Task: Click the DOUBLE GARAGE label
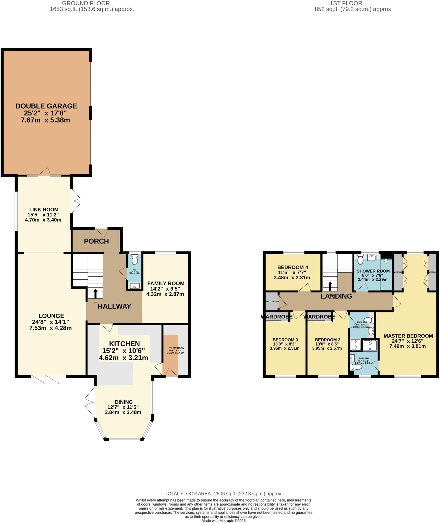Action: (46, 106)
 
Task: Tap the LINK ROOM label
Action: (44, 210)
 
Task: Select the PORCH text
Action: (96, 241)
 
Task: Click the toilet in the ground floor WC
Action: (135, 260)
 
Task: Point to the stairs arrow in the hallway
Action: (95, 293)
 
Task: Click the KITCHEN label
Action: (124, 344)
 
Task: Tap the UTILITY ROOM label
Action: (176, 348)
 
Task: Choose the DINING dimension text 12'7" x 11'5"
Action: (123, 407)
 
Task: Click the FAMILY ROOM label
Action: (166, 283)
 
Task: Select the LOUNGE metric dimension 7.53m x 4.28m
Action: (51, 328)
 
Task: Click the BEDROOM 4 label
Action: (292, 267)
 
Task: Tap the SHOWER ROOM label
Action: (373, 271)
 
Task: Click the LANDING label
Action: (336, 296)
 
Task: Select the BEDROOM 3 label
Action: (285, 340)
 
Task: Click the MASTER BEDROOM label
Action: (408, 336)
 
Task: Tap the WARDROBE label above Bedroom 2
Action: (319, 317)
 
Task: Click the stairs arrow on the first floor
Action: (330, 286)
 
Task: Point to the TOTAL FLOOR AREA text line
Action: (223, 494)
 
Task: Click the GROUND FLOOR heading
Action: (86, 3)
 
